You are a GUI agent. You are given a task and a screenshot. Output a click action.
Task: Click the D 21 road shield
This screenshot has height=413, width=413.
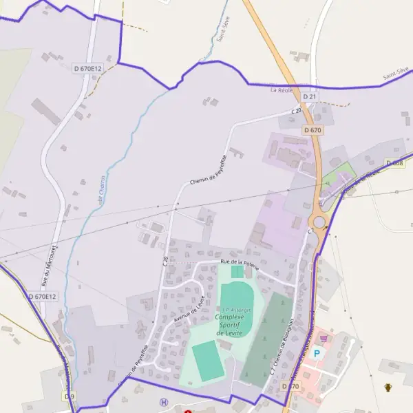[x=310, y=97]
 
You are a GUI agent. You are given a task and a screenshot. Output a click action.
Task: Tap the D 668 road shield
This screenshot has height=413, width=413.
[x=394, y=163]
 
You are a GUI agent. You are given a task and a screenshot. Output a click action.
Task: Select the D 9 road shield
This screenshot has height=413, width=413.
[x=69, y=396]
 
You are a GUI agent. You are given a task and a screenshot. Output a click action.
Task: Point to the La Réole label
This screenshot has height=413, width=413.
[x=282, y=89]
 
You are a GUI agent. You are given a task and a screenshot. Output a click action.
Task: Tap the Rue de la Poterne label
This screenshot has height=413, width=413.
[x=239, y=262]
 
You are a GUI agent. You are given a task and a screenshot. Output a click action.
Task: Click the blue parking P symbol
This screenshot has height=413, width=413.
[x=317, y=353]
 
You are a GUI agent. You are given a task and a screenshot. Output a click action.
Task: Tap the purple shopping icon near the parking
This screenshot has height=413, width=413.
[x=324, y=339]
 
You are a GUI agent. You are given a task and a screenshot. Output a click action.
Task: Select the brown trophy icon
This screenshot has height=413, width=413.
[x=388, y=388]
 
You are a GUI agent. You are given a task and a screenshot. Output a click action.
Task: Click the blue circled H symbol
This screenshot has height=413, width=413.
[x=163, y=403]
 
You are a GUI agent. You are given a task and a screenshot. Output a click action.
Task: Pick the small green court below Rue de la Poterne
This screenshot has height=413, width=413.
[x=237, y=272]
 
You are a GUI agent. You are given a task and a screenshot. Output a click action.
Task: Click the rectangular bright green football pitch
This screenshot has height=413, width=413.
[x=207, y=359]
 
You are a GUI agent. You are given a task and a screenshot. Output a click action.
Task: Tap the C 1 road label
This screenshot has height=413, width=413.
[x=310, y=231]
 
